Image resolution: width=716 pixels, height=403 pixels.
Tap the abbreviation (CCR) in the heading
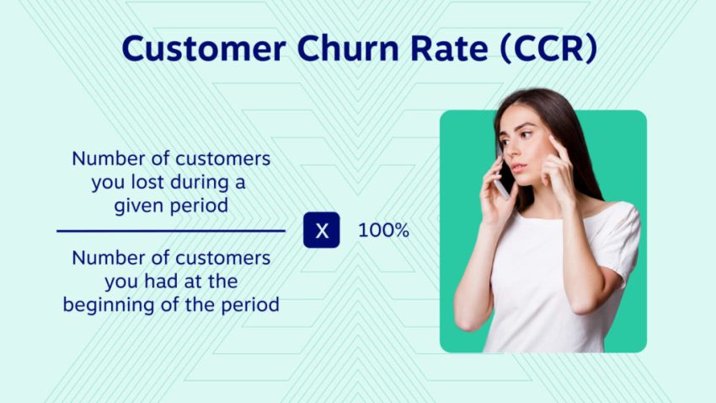548,48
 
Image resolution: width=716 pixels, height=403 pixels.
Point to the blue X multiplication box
322,230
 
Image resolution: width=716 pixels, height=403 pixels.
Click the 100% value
383,230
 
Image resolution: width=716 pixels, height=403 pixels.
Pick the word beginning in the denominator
104,304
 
